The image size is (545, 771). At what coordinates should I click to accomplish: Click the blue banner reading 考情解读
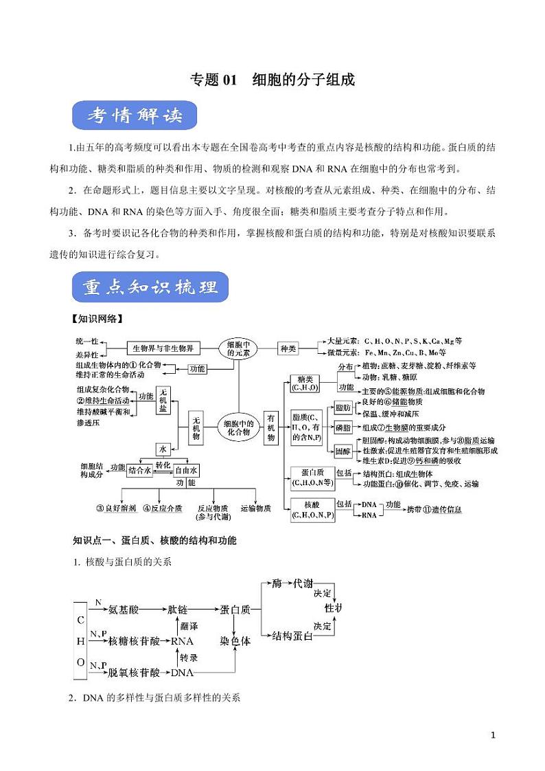(x=135, y=117)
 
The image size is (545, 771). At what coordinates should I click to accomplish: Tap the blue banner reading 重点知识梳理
(x=150, y=287)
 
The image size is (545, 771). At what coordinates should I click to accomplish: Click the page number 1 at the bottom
(x=493, y=735)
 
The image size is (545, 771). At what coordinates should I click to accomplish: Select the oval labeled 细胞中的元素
(x=238, y=348)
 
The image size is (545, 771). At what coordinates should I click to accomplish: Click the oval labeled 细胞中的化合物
(x=238, y=429)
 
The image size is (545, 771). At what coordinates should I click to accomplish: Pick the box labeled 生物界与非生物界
(x=162, y=348)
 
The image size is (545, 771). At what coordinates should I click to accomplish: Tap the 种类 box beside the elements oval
(x=288, y=348)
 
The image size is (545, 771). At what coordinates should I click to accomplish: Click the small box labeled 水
(x=163, y=449)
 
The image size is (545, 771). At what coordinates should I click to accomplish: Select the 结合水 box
(x=139, y=470)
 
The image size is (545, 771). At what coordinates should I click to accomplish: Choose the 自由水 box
(x=186, y=470)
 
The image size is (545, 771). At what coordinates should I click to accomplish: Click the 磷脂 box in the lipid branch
(x=343, y=427)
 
